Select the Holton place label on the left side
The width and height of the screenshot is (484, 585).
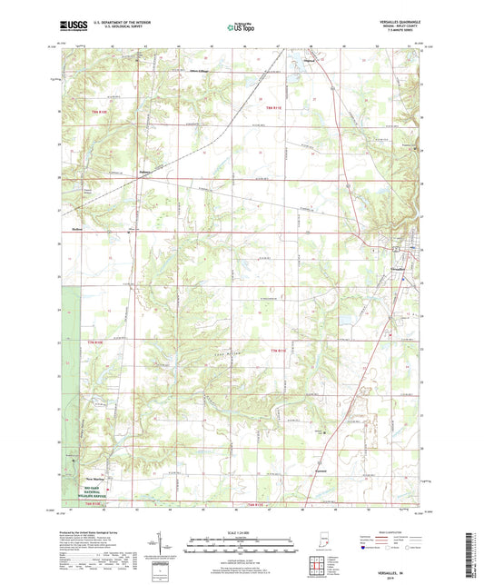[77, 230]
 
